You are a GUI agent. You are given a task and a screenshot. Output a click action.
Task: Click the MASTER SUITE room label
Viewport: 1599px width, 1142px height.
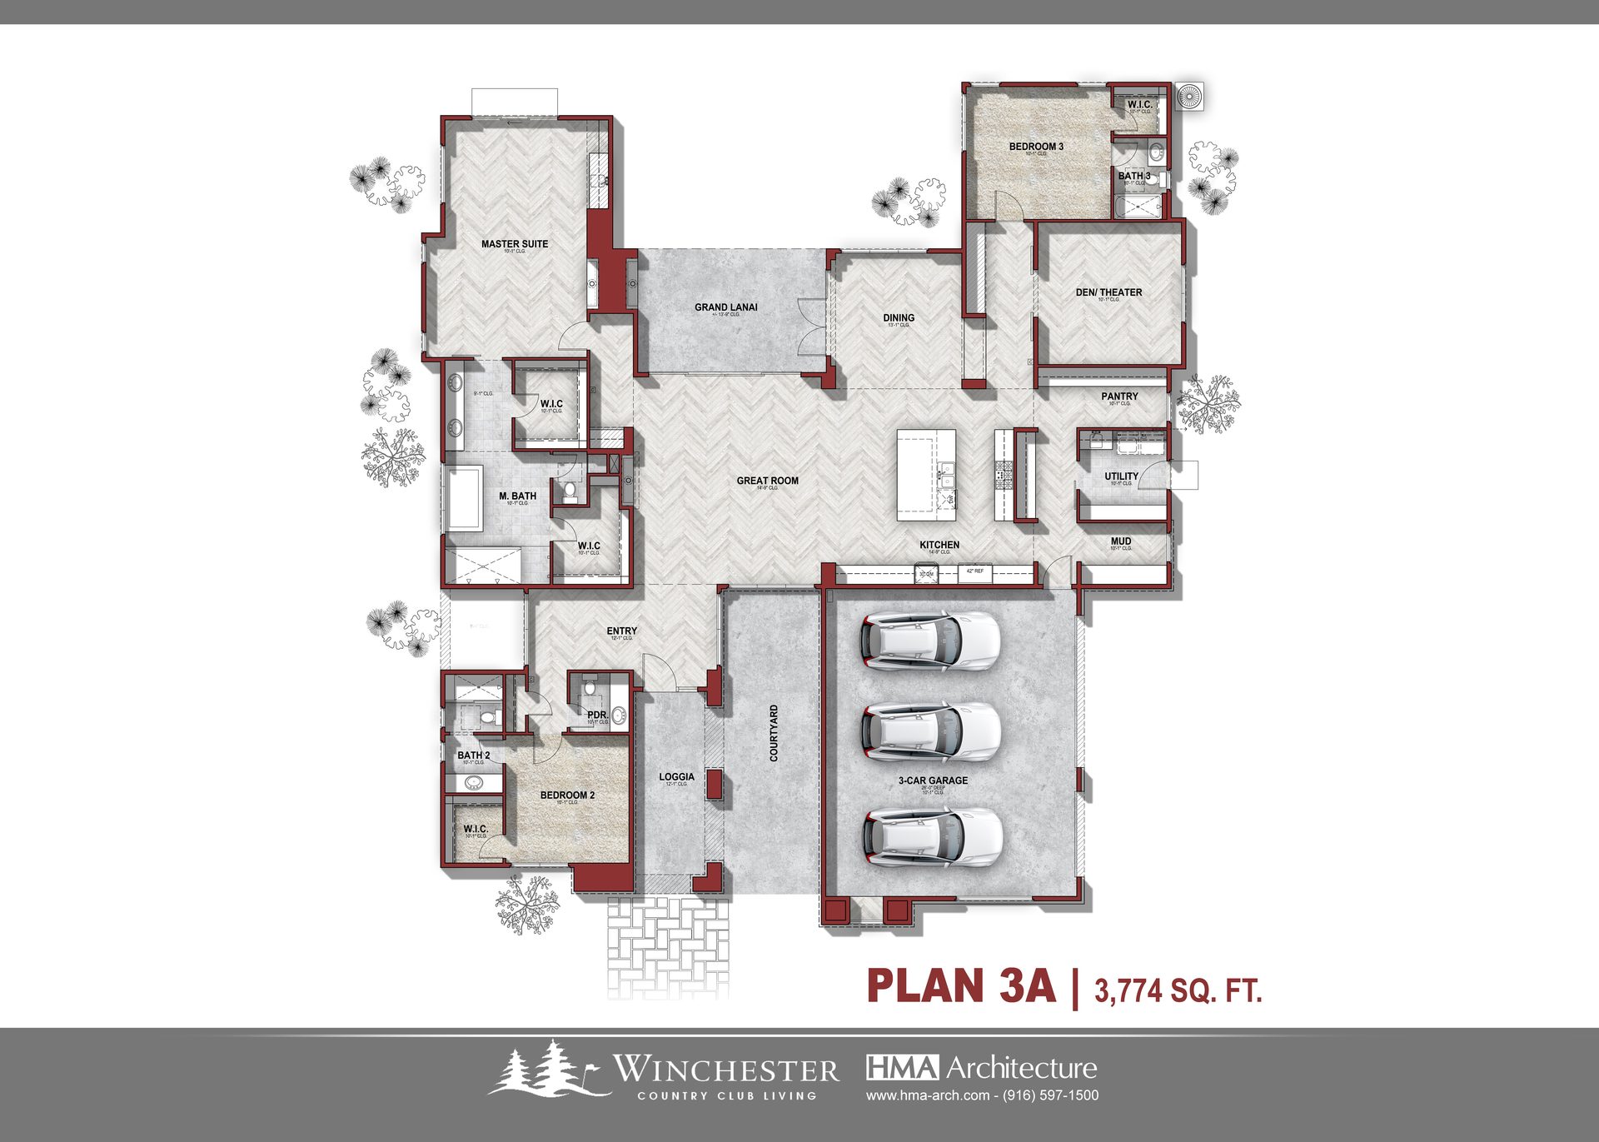click(x=515, y=244)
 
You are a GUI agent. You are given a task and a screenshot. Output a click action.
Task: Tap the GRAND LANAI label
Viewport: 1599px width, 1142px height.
click(x=726, y=307)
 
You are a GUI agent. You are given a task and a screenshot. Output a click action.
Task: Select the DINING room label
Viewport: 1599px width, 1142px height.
click(x=899, y=317)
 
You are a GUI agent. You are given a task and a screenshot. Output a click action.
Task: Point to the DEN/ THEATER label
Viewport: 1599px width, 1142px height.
click(x=1108, y=292)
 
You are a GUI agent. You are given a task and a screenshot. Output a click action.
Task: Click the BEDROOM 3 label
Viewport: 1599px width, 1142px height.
click(x=1036, y=147)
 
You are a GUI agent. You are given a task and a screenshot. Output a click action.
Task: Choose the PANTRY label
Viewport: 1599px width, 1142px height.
click(x=1119, y=396)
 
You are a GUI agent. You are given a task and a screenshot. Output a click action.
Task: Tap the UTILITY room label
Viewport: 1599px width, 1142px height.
click(x=1121, y=476)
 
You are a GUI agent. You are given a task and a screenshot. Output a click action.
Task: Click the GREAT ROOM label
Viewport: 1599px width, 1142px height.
click(x=767, y=481)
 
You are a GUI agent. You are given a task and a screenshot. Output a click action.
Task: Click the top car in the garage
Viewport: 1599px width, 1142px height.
click(x=929, y=641)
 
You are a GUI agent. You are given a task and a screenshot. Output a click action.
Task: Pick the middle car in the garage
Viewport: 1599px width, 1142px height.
click(x=929, y=731)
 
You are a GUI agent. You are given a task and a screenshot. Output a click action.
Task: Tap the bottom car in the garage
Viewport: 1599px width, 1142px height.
click(x=931, y=837)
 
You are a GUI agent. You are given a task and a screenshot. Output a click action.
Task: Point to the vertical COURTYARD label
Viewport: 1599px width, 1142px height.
click(x=774, y=733)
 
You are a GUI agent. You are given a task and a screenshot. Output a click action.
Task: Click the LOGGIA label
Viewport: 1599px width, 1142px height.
click(x=676, y=776)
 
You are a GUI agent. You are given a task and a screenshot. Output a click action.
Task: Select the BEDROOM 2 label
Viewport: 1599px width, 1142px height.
click(x=567, y=795)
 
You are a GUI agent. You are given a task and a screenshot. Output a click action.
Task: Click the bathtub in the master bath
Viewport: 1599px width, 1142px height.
click(x=464, y=498)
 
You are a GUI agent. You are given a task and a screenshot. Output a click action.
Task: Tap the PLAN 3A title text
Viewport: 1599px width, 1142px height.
click(x=961, y=986)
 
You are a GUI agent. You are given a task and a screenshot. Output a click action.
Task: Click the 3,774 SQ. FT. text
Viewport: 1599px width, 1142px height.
click(x=1178, y=990)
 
